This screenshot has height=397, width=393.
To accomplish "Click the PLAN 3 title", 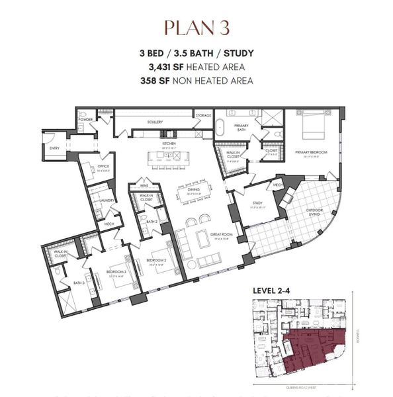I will (196, 28).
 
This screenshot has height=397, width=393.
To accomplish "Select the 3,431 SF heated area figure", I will (196, 67).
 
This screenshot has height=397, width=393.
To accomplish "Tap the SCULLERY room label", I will (155, 122).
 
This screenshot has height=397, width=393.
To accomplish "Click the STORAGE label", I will (203, 116).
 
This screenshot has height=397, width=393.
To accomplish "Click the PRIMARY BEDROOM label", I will (309, 151).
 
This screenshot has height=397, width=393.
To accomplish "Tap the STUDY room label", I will (255, 204).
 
